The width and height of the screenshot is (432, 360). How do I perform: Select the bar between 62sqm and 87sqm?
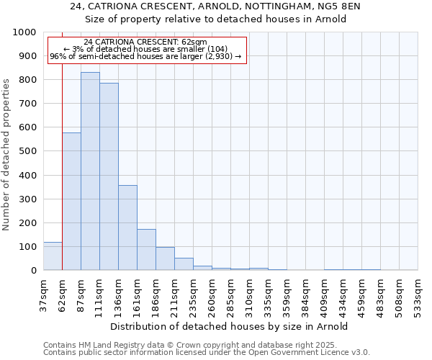[x=71, y=202]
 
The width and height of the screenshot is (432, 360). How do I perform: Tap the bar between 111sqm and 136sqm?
[x=109, y=176]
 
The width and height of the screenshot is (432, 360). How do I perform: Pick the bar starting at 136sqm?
[x=127, y=228]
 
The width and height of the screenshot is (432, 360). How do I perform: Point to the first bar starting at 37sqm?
[x=53, y=256]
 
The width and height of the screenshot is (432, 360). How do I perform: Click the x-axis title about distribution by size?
[x=230, y=326]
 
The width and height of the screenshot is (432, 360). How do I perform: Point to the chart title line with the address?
[x=215, y=6]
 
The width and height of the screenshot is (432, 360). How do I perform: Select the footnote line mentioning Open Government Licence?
[x=207, y=353]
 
